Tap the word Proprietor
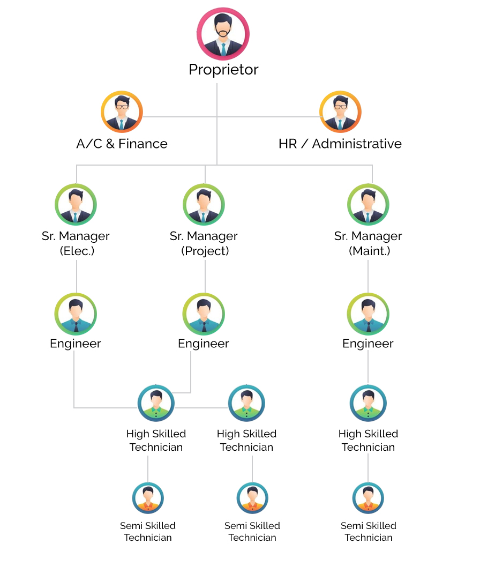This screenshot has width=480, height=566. pyautogui.click(x=223, y=70)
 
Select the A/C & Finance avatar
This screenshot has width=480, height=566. pyautogui.click(x=122, y=112)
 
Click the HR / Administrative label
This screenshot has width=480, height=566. pyautogui.click(x=340, y=144)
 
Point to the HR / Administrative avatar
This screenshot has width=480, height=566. pyautogui.click(x=340, y=112)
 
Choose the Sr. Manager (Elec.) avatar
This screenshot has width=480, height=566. pyautogui.click(x=76, y=205)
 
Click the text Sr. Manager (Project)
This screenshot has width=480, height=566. pyautogui.click(x=204, y=243)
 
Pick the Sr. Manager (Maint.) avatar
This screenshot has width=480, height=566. pyautogui.click(x=368, y=205)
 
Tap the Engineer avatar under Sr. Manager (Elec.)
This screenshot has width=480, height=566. pyautogui.click(x=76, y=314)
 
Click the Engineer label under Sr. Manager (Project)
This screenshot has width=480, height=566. pyautogui.click(x=204, y=344)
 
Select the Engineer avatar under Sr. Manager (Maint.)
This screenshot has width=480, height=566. pyautogui.click(x=368, y=314)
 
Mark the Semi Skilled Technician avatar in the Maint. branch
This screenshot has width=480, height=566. pyautogui.click(x=368, y=498)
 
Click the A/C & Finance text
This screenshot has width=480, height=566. pyautogui.click(x=122, y=144)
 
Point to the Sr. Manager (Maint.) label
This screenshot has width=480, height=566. pyautogui.click(x=368, y=243)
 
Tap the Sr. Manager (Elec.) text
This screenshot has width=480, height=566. pyautogui.click(x=76, y=243)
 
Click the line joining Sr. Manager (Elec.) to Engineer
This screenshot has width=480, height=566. pyautogui.click(x=76, y=276)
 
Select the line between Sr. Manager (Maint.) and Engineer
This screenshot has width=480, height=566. pyautogui.click(x=368, y=276)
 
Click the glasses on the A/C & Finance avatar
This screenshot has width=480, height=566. pyautogui.click(x=122, y=107)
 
